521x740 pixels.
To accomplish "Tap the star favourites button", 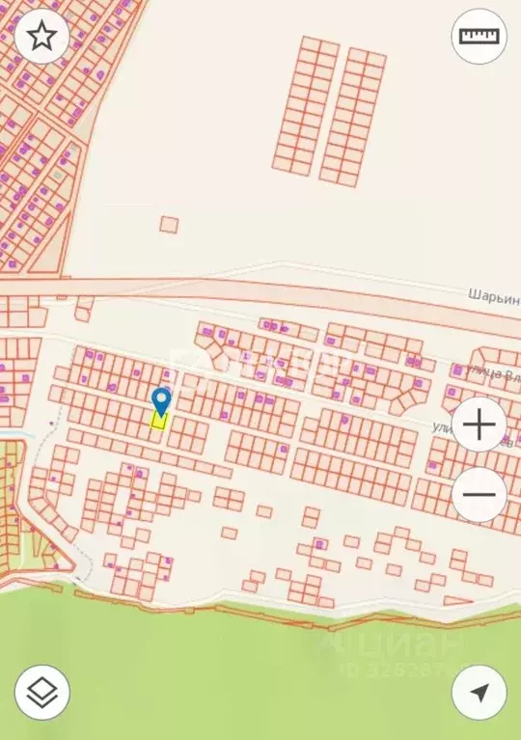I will [41, 37].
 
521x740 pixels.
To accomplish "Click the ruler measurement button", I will [479, 37].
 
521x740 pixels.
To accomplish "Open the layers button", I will [41, 692].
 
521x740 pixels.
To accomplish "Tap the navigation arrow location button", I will [479, 692].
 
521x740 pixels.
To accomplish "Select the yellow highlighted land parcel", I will [159, 421].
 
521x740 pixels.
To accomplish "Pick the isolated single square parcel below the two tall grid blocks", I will [169, 225].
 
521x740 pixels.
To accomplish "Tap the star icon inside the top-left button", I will [41, 37].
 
